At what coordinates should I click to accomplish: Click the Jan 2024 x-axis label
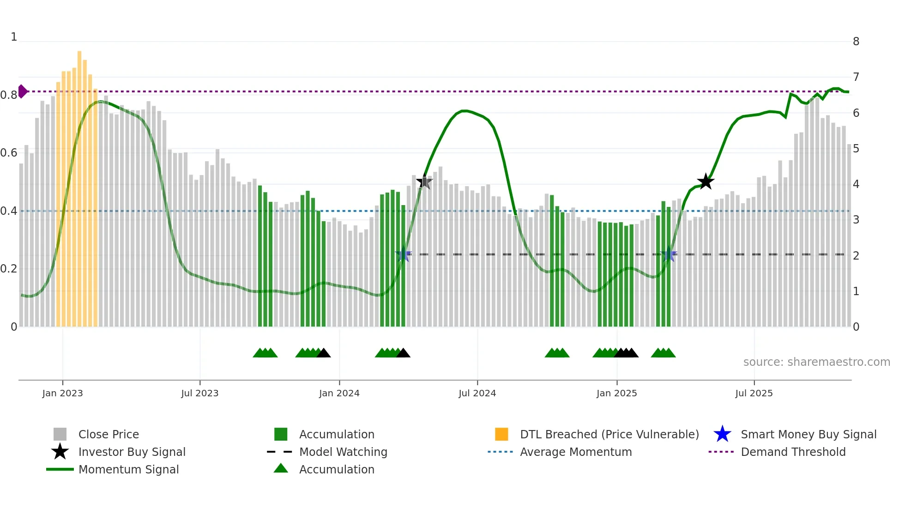[339, 393]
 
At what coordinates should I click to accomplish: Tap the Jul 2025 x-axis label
[754, 393]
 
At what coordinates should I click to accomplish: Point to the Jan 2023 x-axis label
[62, 393]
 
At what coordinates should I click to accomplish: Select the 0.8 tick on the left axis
[9, 95]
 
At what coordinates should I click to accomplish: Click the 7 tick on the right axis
[856, 77]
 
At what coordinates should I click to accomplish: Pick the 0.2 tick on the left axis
[9, 269]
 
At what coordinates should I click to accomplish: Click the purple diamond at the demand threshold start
[22, 91]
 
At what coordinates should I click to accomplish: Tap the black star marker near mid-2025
[706, 182]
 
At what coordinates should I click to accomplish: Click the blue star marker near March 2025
[669, 254]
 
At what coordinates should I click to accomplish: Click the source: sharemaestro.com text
[816, 362]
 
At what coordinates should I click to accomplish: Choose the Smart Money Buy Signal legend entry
[808, 435]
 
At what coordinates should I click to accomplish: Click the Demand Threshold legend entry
[793, 452]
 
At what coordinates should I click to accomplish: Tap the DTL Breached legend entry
[609, 435]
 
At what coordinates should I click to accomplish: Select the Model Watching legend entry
[343, 452]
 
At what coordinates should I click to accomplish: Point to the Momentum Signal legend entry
[128, 470]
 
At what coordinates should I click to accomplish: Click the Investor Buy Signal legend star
[60, 452]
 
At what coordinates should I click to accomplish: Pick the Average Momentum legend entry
[575, 452]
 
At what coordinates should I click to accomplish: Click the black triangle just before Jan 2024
[324, 353]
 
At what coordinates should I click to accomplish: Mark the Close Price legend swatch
[60, 435]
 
